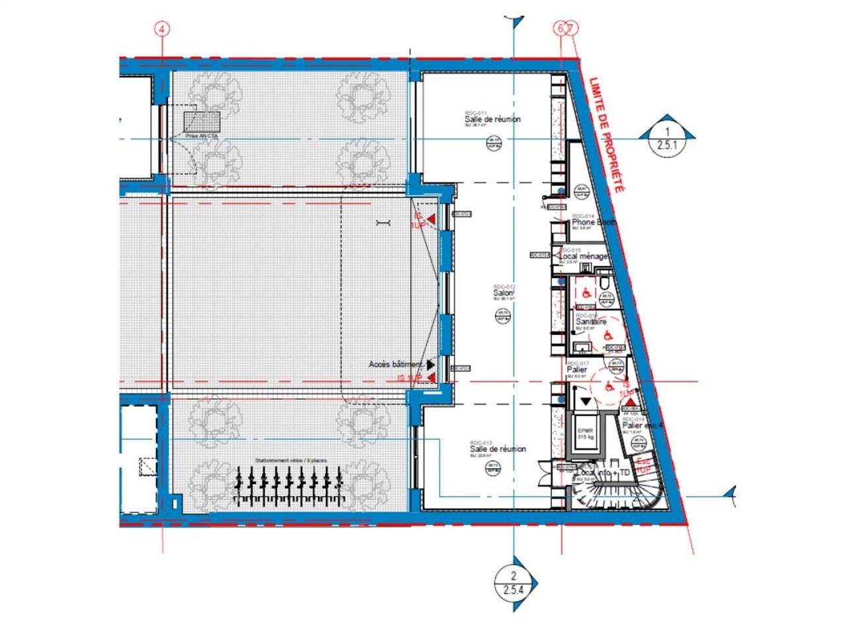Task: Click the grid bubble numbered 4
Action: [162, 28]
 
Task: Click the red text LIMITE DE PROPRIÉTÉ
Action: [606, 135]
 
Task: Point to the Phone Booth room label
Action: [593, 223]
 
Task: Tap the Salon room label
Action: [504, 293]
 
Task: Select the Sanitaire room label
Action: [590, 322]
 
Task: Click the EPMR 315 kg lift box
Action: [585, 433]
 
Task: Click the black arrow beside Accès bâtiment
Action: [431, 364]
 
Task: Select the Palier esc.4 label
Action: [642, 426]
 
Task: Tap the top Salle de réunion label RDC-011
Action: [492, 119]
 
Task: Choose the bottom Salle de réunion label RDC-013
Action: [497, 448]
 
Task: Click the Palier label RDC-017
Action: [577, 370]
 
